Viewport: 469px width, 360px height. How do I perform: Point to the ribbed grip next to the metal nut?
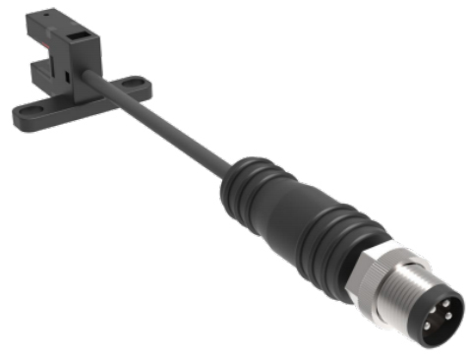349,246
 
